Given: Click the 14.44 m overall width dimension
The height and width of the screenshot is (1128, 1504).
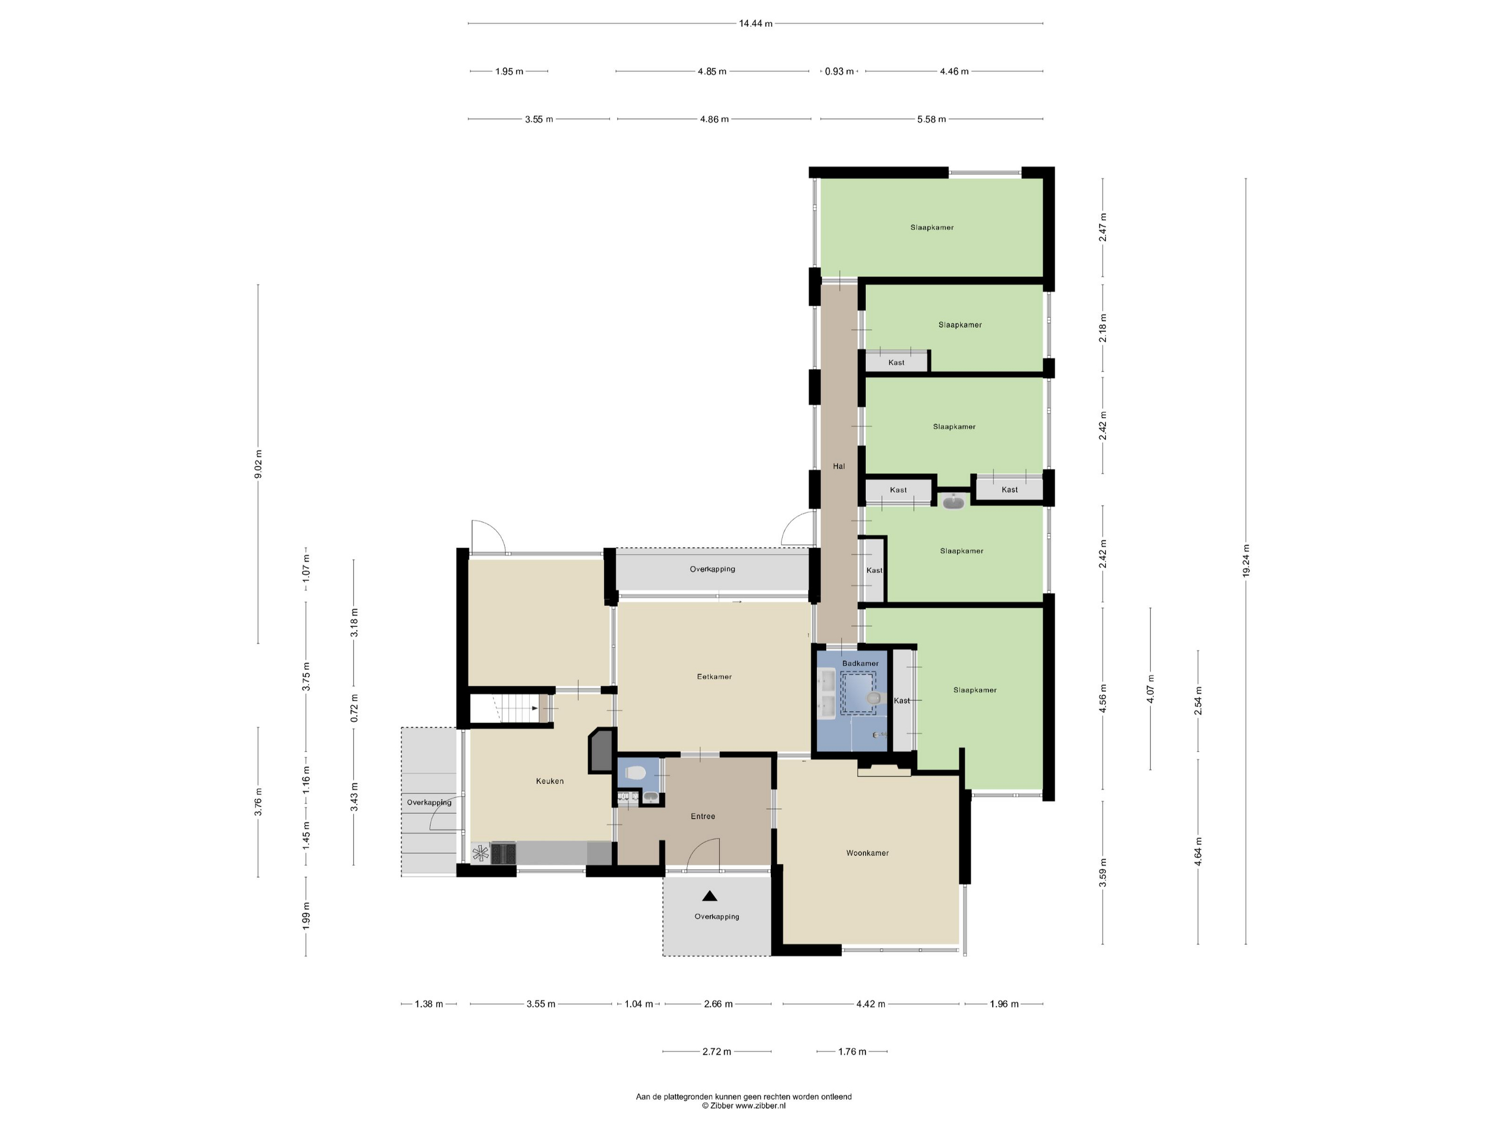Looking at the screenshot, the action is pos(755,24).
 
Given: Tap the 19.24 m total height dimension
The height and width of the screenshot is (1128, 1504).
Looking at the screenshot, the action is pos(1246,561).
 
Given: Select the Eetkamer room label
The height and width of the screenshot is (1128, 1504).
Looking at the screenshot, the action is pos(714,676).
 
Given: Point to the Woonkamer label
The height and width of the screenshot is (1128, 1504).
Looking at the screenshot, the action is pos(867,852).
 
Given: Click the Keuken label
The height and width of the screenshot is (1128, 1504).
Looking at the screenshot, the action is pos(549,780).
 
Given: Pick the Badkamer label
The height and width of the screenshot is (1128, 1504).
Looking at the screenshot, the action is pos(860,663).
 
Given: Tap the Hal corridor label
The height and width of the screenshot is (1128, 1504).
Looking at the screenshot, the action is pos(839,466).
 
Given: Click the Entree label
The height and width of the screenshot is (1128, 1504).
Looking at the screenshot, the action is pos(703,816).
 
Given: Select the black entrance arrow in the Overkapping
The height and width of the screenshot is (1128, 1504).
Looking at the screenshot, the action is pos(710,895).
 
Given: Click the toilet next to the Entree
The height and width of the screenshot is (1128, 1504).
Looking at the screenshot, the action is pos(635,772).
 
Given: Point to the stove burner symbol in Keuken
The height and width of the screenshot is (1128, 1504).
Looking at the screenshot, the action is pos(481,854).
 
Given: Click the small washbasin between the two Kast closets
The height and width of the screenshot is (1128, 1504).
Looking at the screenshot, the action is pos(953,502).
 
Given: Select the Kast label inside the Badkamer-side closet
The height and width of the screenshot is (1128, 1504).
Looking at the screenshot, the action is pos(901,700).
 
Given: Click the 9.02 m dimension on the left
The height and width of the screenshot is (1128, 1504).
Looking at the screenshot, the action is pos(258,464).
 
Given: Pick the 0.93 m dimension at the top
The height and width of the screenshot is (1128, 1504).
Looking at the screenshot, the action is pos(839,71).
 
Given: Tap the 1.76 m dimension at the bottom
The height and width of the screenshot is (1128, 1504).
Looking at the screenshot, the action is pos(852,1051).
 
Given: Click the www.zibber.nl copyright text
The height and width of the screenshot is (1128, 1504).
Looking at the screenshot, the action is pos(744,1105).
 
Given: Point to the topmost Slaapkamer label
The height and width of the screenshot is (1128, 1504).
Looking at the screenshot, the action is pos(931,227).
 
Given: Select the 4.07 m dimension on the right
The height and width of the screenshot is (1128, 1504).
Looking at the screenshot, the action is pos(1151,688).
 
